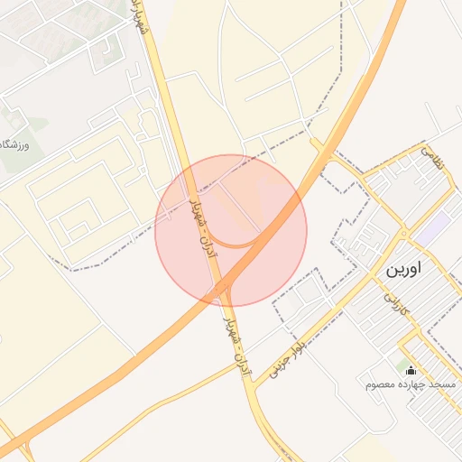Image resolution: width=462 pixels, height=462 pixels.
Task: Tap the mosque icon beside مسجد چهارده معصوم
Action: [411, 370]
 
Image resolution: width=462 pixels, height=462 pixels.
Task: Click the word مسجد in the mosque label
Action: [443, 385]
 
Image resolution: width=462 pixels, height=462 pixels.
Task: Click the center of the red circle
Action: [231, 230]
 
